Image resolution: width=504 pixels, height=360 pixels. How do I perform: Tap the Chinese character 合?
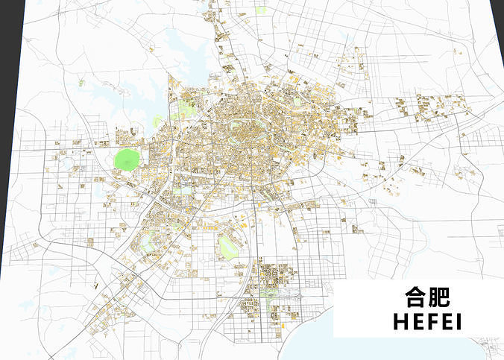pyautogui.click(x=416, y=297)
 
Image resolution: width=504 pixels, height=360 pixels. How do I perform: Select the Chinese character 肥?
pyautogui.click(x=440, y=297)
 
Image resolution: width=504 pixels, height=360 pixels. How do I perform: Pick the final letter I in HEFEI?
pyautogui.click(x=459, y=322)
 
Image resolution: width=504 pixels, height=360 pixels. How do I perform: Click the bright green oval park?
pyautogui.click(x=127, y=159)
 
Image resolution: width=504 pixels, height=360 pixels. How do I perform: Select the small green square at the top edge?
pyautogui.click(x=261, y=10)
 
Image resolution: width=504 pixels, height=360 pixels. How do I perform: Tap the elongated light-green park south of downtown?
pyautogui.click(x=228, y=246)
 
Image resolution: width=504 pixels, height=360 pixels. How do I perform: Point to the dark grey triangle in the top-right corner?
pyautogui.click(x=498, y=15)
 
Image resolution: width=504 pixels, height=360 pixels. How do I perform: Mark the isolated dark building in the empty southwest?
pyautogui.click(x=96, y=285)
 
